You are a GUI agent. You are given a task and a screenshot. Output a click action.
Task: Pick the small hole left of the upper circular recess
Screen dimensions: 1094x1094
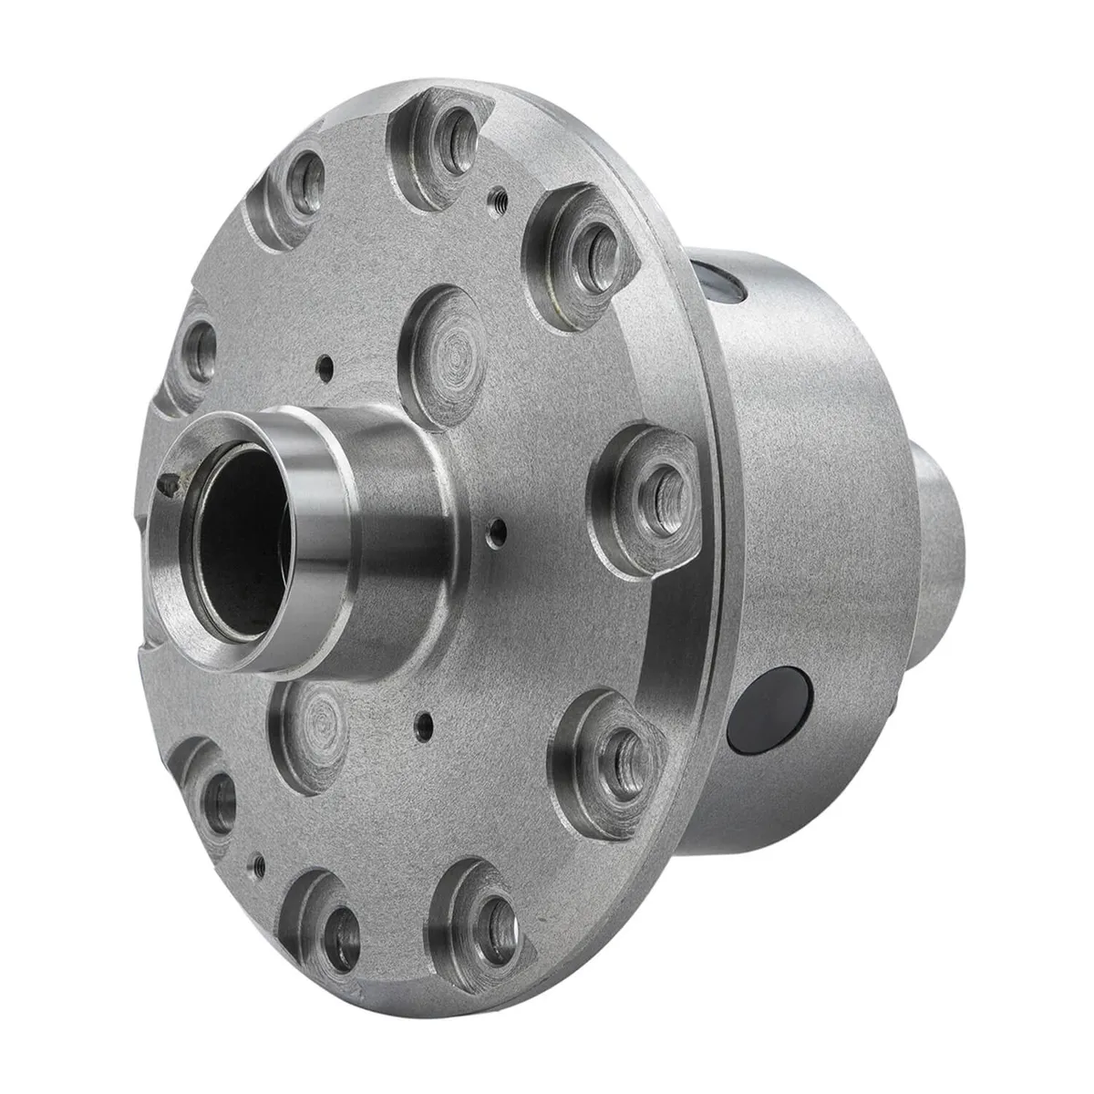pos(323,367)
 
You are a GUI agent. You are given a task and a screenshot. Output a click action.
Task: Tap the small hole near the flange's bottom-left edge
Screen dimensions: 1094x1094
pos(261,859)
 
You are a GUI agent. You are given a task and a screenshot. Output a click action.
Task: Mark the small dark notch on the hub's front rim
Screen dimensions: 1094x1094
pos(167,485)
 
